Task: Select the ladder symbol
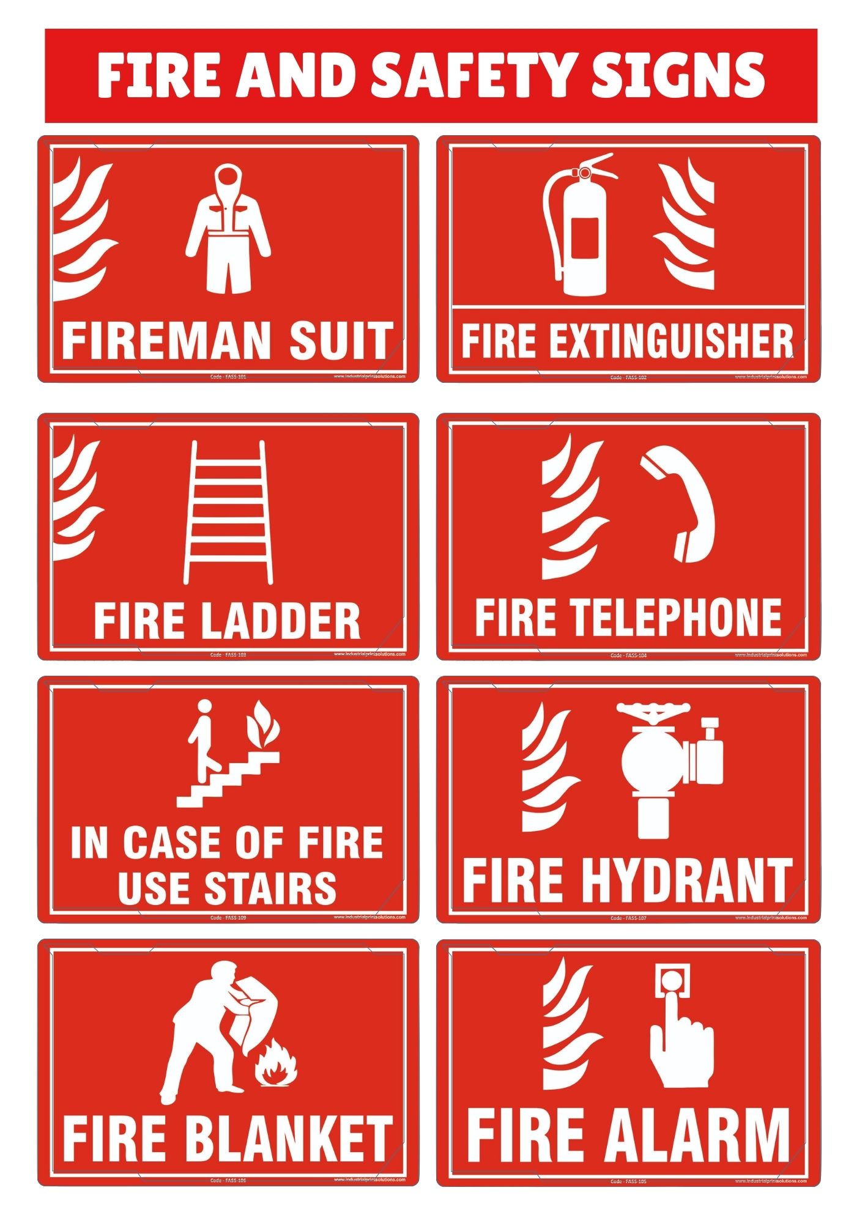coord(228,512)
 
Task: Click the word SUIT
coord(341,341)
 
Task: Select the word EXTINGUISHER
coord(670,341)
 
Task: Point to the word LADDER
coord(281,621)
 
